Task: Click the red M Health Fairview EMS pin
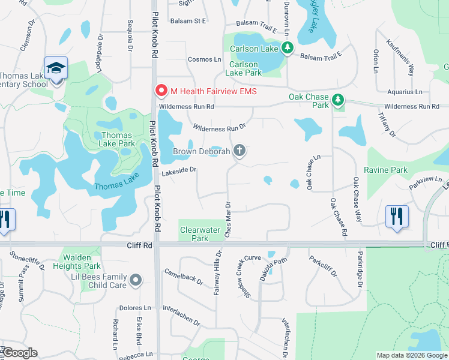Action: pos(161,91)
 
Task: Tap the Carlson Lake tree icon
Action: pos(288,48)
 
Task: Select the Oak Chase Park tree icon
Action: pos(339,99)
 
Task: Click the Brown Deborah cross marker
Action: pos(240,151)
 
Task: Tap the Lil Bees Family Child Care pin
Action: pos(136,280)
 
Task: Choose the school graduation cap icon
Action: pos(56,68)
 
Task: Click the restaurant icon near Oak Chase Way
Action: pos(397,216)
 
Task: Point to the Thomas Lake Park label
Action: pos(118,139)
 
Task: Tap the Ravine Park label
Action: pos(390,170)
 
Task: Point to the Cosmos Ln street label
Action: pos(205,59)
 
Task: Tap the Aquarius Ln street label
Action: pos(405,92)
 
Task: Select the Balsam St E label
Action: pos(188,21)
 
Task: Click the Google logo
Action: pos(20,353)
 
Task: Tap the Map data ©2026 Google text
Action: pos(411,355)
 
